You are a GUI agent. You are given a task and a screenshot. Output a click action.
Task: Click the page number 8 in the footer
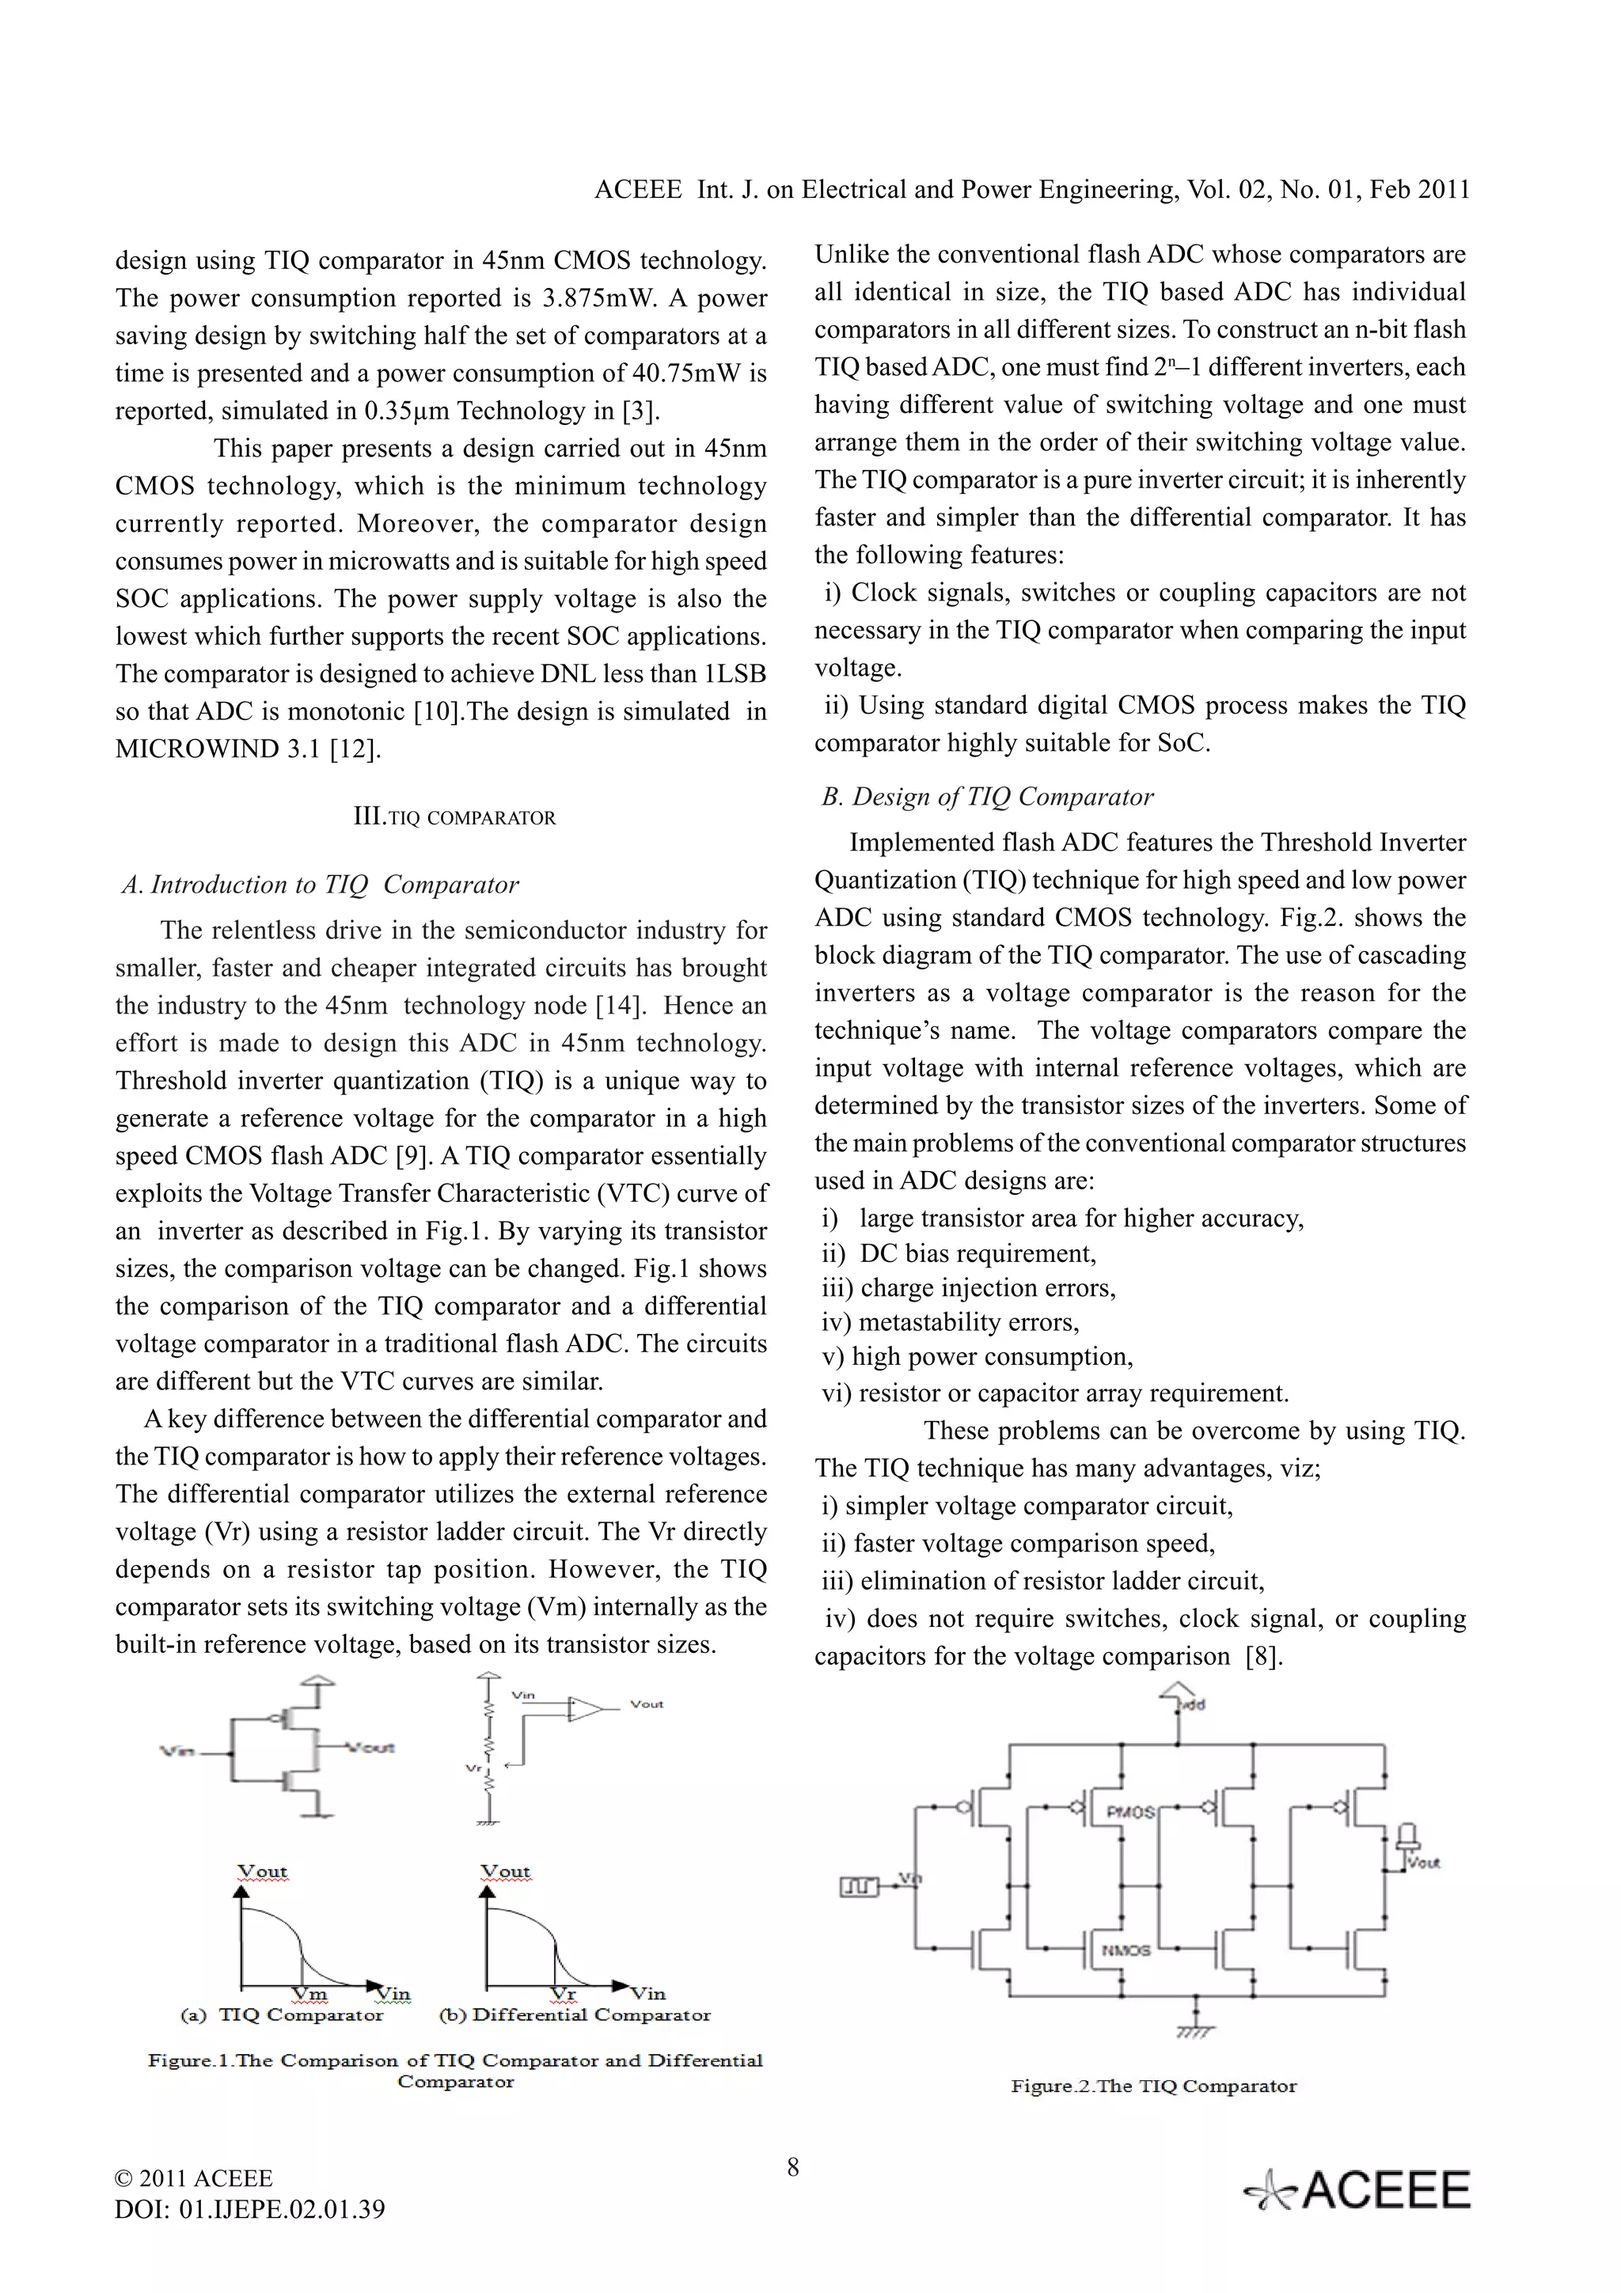[x=792, y=2167]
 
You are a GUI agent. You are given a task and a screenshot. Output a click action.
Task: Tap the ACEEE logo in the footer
[x=1357, y=2191]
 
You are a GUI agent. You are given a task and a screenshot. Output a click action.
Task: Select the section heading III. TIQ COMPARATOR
[x=454, y=817]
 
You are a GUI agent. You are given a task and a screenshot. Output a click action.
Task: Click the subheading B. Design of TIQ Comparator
[x=987, y=796]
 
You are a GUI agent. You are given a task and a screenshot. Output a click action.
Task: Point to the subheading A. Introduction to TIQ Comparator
[x=321, y=885]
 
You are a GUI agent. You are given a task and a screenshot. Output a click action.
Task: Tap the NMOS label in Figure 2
[x=1126, y=1949]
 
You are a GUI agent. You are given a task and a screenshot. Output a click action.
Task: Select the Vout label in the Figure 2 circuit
[x=1422, y=1863]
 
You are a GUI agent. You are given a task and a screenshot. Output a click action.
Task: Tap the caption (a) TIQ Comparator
[x=283, y=2014]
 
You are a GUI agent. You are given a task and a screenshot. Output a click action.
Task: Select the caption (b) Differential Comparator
[x=575, y=2014]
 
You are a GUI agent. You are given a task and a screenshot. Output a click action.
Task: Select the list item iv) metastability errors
[x=950, y=1322]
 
